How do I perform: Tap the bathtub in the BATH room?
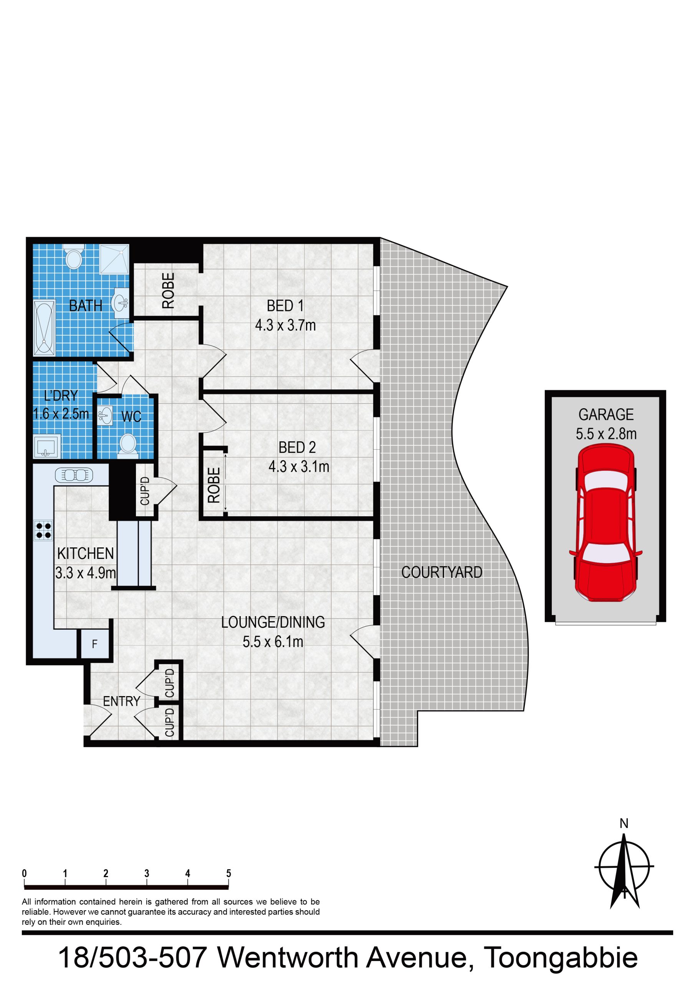tap(45, 328)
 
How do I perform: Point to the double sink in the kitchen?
tap(74, 475)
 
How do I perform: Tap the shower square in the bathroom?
tap(114, 258)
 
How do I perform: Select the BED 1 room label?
tap(285, 306)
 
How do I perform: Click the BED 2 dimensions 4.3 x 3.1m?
tap(299, 467)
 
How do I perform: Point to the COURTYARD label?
tap(442, 572)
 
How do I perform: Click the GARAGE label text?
tap(606, 414)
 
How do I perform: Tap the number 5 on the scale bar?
tap(229, 873)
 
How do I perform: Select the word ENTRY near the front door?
tap(122, 701)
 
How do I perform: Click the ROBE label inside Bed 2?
tap(213, 485)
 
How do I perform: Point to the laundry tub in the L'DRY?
tap(47, 446)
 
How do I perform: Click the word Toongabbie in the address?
tap(561, 958)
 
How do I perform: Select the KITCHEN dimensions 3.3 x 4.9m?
tap(86, 573)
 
